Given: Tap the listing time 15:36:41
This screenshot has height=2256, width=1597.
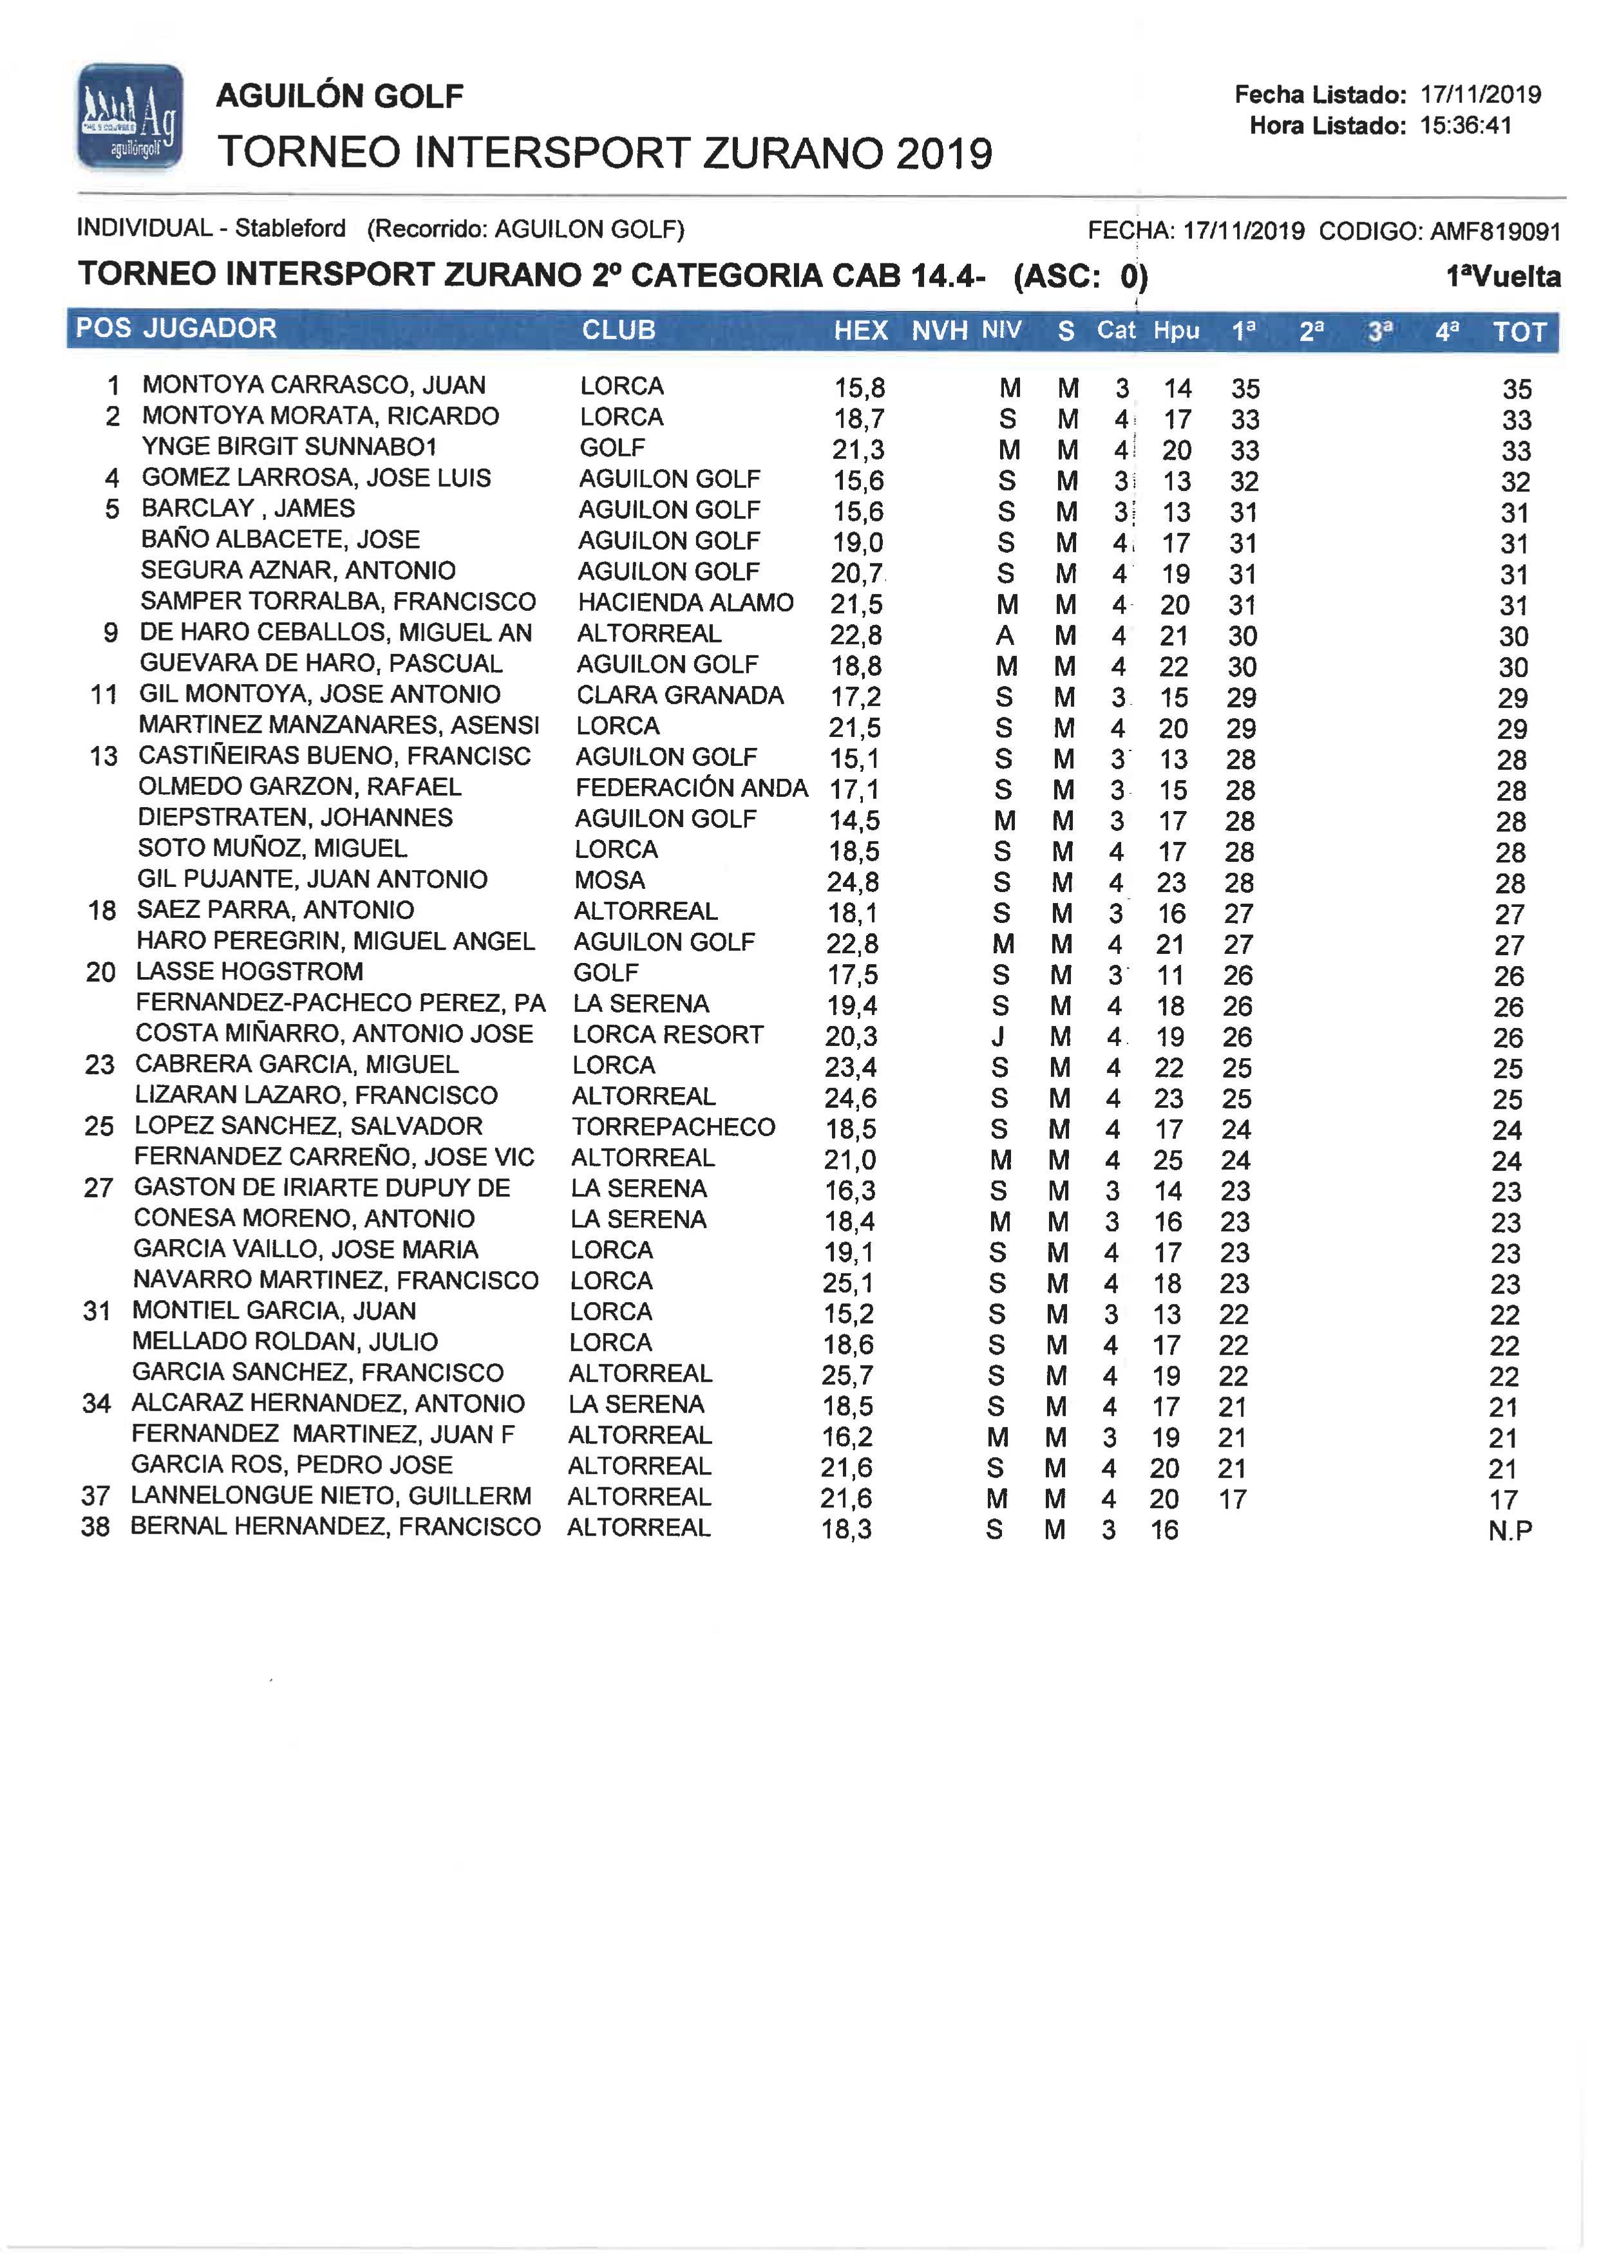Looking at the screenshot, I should [1465, 126].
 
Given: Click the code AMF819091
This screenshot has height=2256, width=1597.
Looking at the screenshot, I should [1495, 232].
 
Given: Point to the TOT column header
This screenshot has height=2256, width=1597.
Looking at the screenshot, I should [1519, 332].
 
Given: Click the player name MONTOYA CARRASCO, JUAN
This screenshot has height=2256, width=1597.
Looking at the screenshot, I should [314, 386].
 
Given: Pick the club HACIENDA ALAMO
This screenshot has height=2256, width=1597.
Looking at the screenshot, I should [685, 602].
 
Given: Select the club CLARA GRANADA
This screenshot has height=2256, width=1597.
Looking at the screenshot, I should [679, 695].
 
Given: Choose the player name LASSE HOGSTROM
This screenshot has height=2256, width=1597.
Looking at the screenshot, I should [250, 972].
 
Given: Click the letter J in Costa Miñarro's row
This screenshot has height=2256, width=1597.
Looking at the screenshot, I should [999, 1036].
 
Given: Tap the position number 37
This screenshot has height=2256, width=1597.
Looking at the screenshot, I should [95, 1496].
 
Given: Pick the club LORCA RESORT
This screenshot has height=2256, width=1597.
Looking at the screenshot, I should [668, 1034].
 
